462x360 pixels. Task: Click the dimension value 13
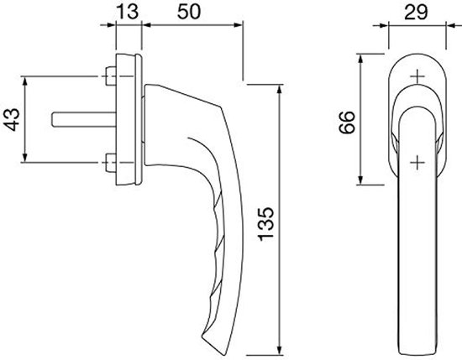(x=128, y=12)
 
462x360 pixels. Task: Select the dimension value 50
(x=189, y=12)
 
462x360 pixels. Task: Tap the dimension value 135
(x=266, y=224)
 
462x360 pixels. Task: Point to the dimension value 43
(x=12, y=119)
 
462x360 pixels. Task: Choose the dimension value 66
(x=347, y=123)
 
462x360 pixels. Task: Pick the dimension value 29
(x=416, y=13)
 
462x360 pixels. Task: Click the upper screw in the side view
(x=111, y=76)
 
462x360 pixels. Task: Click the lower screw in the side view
(x=111, y=163)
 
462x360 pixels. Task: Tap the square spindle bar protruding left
(x=84, y=119)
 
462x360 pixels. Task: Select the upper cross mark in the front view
(x=417, y=76)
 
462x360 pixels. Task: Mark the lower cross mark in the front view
(x=417, y=162)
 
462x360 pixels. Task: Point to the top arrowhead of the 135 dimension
(x=280, y=89)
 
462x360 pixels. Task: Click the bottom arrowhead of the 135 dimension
(x=280, y=351)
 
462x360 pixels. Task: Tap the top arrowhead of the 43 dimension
(x=24, y=81)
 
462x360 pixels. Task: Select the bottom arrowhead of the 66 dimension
(x=360, y=180)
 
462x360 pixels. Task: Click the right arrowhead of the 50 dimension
(x=238, y=25)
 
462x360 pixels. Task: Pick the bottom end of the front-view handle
(x=417, y=354)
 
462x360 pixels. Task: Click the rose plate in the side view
(x=129, y=119)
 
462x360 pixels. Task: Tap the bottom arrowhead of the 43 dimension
(x=24, y=158)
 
